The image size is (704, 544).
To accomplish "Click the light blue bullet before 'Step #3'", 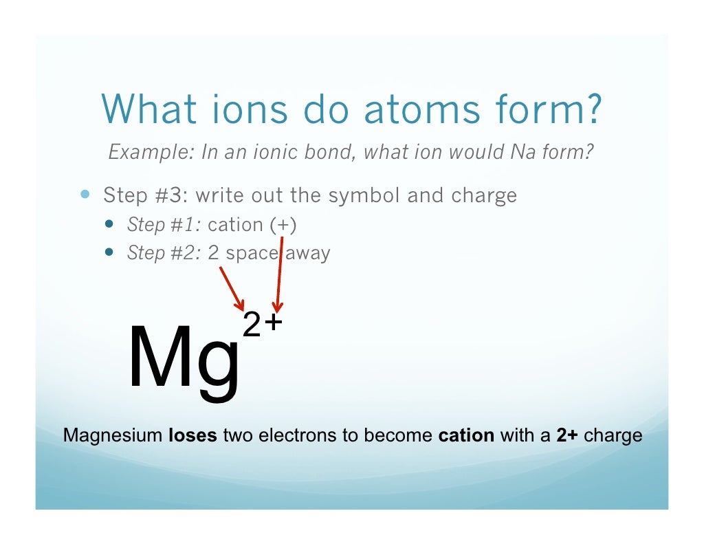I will [85, 195].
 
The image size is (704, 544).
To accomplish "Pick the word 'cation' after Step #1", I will [235, 225].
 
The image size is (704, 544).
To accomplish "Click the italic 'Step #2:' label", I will [164, 253].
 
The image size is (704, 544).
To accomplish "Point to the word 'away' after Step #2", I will [308, 253].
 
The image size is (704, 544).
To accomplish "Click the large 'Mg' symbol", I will [184, 358].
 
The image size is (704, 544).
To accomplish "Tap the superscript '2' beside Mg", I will [252, 325].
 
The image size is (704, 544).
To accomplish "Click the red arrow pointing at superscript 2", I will [232, 288].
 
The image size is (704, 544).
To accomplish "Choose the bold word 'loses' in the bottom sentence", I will [193, 436].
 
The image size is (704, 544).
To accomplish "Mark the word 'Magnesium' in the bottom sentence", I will [113, 436].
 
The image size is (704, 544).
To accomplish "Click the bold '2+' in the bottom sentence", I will [567, 436].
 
